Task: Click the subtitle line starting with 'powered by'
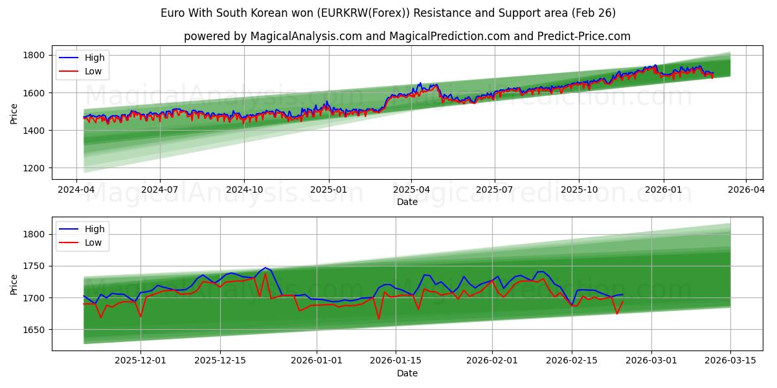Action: tap(407, 36)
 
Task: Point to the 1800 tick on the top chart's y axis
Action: tap(34, 56)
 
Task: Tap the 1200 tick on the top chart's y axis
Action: tap(34, 168)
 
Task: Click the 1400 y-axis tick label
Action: tap(34, 131)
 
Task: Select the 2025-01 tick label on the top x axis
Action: tap(328, 190)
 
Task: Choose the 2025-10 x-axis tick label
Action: tap(579, 190)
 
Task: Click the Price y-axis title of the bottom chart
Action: tap(14, 284)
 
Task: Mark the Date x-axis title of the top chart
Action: tap(407, 202)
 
